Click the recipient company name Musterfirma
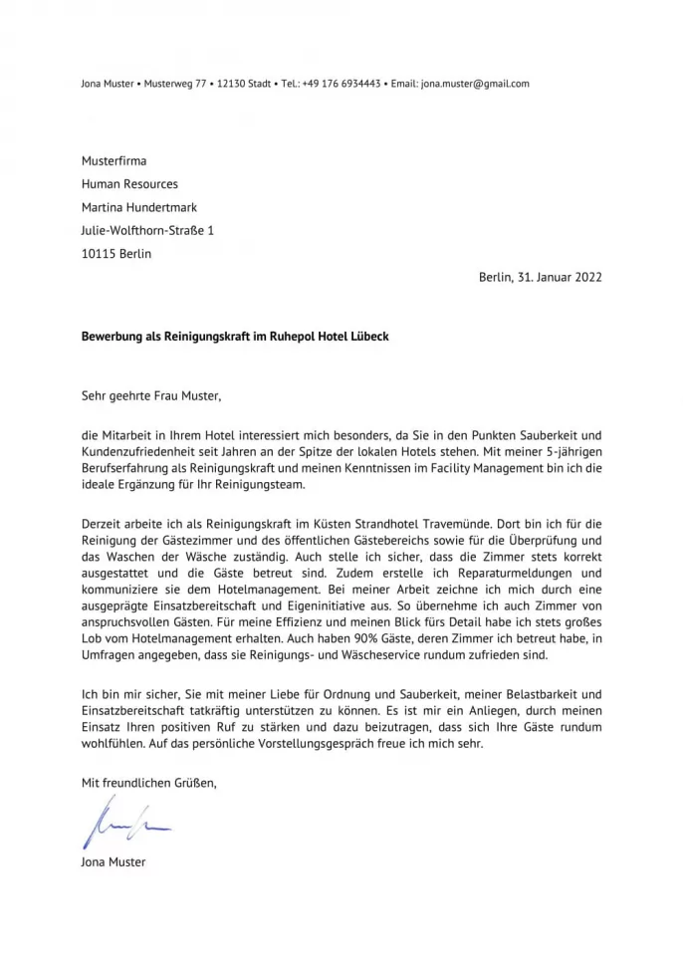click(x=114, y=160)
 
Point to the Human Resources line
click(x=129, y=184)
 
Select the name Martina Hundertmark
click(x=138, y=207)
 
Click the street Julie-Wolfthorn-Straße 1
click(x=147, y=230)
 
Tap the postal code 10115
click(x=98, y=254)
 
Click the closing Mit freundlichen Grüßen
click(x=148, y=784)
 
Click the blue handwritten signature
click(x=125, y=826)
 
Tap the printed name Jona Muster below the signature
click(x=114, y=861)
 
